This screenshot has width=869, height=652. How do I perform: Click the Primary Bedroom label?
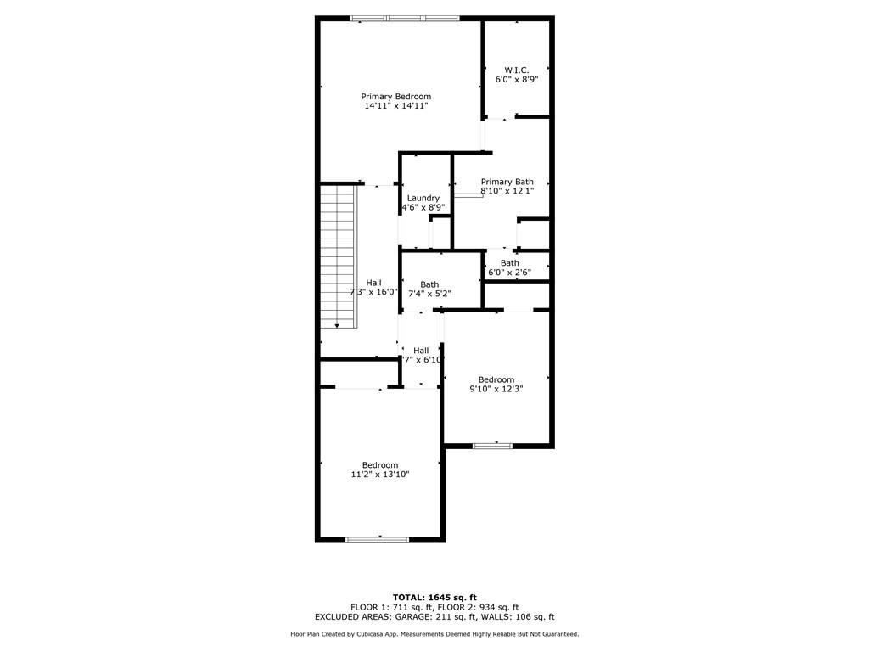395,97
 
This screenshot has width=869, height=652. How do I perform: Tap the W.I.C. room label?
517,69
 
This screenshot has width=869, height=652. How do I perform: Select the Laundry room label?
423,198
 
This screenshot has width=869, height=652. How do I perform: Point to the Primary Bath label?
507,182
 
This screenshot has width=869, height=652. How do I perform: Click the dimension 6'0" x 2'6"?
509,273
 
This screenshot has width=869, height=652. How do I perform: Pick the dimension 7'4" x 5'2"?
429,294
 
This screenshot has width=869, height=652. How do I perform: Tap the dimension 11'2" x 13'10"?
380,475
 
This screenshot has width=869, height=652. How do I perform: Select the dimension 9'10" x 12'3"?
496,389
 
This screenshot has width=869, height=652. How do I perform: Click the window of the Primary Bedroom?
405,18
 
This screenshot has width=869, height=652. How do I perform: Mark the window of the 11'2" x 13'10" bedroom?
378,538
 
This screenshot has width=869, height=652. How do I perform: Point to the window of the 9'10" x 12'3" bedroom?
492,445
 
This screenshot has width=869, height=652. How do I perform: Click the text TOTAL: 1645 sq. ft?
434,597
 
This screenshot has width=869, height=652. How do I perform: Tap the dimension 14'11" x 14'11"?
395,106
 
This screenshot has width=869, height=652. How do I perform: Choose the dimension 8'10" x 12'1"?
507,191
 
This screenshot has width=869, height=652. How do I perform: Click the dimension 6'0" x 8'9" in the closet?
517,79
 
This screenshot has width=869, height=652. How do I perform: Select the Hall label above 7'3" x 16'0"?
373,283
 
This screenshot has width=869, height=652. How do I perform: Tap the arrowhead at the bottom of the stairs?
338,325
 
